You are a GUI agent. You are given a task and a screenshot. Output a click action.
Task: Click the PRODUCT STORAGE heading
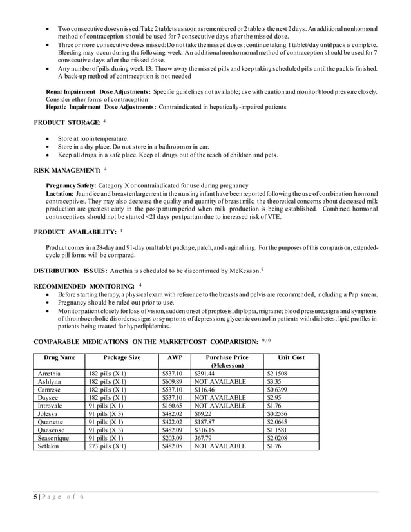pos(67,122)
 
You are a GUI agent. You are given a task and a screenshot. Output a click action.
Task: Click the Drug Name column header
pos(59,357)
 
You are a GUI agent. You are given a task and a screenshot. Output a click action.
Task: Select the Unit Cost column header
pos(291,357)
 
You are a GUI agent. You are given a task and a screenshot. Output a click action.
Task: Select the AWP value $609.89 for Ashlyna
pos(172,381)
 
